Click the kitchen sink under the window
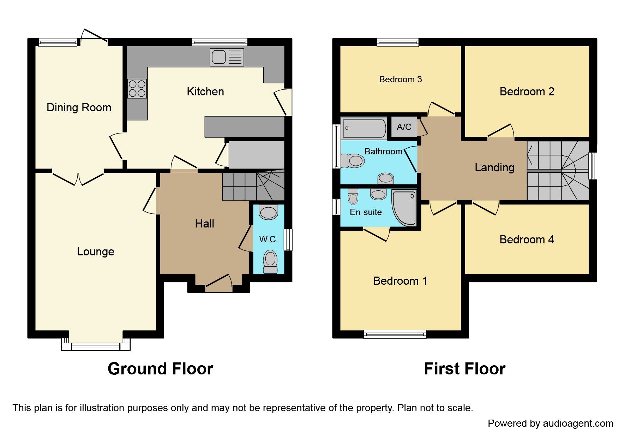[227, 57]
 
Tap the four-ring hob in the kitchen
[137, 88]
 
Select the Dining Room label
[79, 107]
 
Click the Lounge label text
[95, 251]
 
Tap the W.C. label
[268, 239]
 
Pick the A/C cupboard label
[404, 127]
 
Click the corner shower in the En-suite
[405, 208]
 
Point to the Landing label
[494, 167]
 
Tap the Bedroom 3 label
[400, 79]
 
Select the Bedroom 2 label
[527, 92]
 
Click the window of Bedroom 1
[395, 334]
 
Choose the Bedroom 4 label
[527, 239]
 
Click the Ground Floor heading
[160, 369]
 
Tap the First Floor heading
[464, 369]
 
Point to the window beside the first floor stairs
[593, 166]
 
